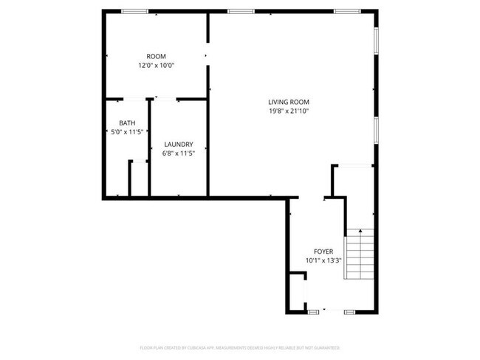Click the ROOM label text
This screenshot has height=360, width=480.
[156, 57]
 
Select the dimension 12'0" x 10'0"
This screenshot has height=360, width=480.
[156, 66]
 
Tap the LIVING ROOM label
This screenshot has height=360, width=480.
[288, 102]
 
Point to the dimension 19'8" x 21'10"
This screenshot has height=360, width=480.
[288, 111]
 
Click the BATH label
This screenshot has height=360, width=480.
[127, 123]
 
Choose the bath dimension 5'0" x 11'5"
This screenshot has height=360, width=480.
[126, 132]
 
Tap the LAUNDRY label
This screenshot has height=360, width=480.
[179, 144]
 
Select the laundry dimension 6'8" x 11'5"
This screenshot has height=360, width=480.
[179, 153]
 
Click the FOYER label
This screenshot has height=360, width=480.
[323, 251]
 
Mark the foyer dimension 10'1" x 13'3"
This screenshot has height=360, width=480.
[323, 260]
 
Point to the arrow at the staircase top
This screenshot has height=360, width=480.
[361, 233]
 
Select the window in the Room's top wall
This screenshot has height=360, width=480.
[134, 11]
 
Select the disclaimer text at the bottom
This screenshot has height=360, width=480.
[239, 347]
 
